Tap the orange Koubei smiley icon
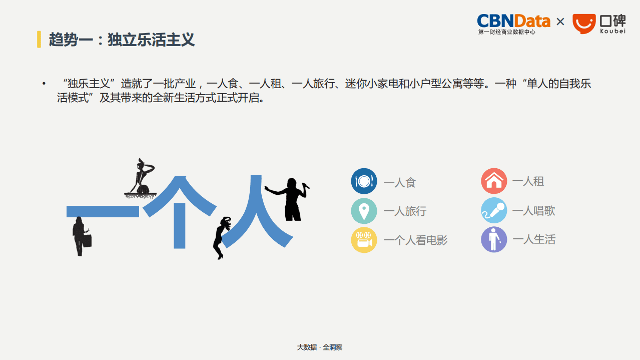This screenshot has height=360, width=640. [584, 24]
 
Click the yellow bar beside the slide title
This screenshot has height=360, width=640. [39, 39]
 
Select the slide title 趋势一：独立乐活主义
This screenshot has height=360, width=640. [122, 40]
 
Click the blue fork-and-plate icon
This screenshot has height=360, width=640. [364, 181]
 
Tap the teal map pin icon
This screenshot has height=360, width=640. [364, 211]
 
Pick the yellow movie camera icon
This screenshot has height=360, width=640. [364, 240]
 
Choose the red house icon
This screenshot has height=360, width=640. [494, 181]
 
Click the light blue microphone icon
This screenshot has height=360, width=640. [494, 210]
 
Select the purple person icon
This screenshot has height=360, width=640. [494, 239]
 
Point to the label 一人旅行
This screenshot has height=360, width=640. [405, 211]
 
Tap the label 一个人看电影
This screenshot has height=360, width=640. [415, 240]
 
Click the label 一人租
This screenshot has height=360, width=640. [528, 181]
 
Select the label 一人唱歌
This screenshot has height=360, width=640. [533, 211]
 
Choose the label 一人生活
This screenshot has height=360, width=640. [533, 239]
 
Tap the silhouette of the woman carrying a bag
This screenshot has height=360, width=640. [81, 236]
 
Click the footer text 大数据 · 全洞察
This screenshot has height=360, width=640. [320, 347]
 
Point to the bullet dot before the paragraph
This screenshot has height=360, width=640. [44, 84]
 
